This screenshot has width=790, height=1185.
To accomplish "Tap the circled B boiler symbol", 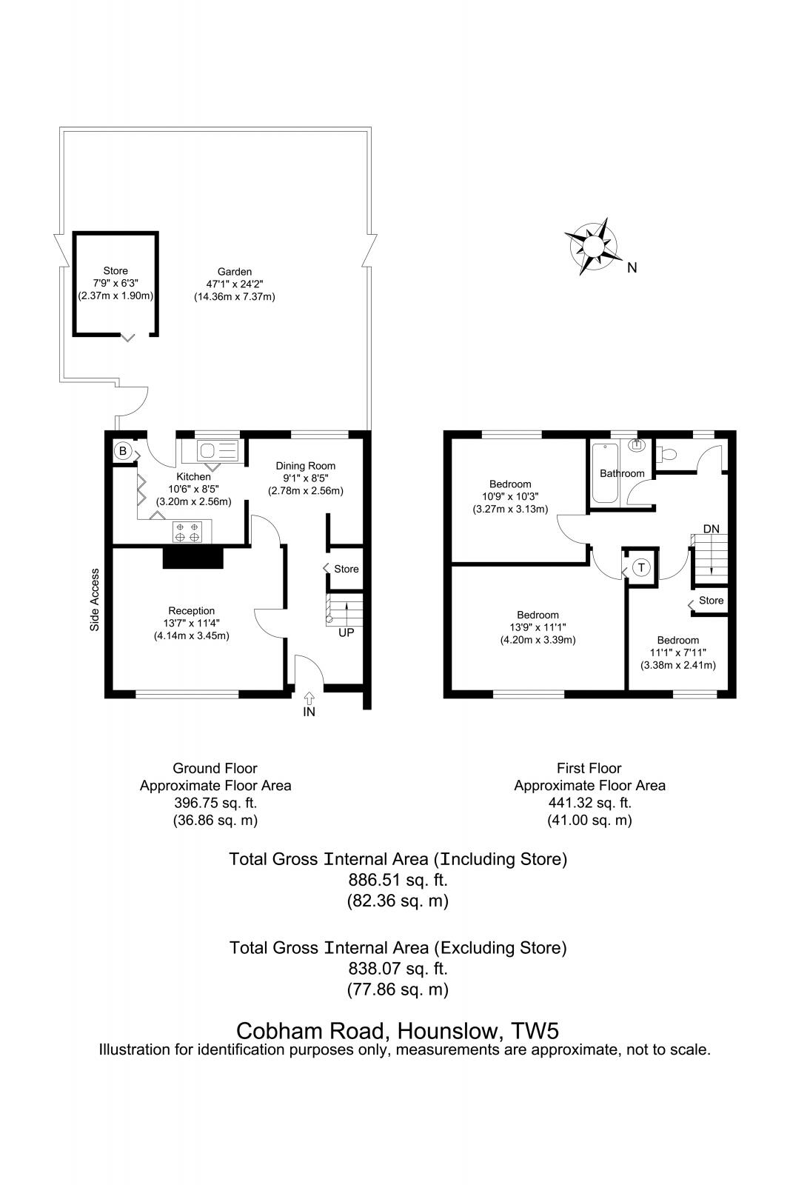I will click(x=122, y=450).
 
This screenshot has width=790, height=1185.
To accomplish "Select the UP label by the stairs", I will click(x=346, y=633).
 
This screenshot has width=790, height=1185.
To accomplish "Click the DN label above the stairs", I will click(x=711, y=529).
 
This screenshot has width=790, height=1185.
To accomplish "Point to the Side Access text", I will click(x=95, y=600).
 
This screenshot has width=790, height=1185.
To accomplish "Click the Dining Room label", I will click(x=306, y=466).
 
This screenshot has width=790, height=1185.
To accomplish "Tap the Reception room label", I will click(x=191, y=611).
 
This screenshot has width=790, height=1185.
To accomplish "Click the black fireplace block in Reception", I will click(x=193, y=558).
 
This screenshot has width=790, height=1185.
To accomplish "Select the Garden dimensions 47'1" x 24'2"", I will click(x=234, y=284).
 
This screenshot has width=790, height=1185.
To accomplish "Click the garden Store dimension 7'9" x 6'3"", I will click(x=116, y=283).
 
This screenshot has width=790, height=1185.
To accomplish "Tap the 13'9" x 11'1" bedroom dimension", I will click(x=538, y=627).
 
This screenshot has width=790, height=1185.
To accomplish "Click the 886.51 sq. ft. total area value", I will click(x=398, y=880).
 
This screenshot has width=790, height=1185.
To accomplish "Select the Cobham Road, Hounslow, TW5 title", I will click(x=397, y=1030).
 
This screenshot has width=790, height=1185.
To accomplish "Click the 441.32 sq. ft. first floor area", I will click(x=589, y=803).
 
